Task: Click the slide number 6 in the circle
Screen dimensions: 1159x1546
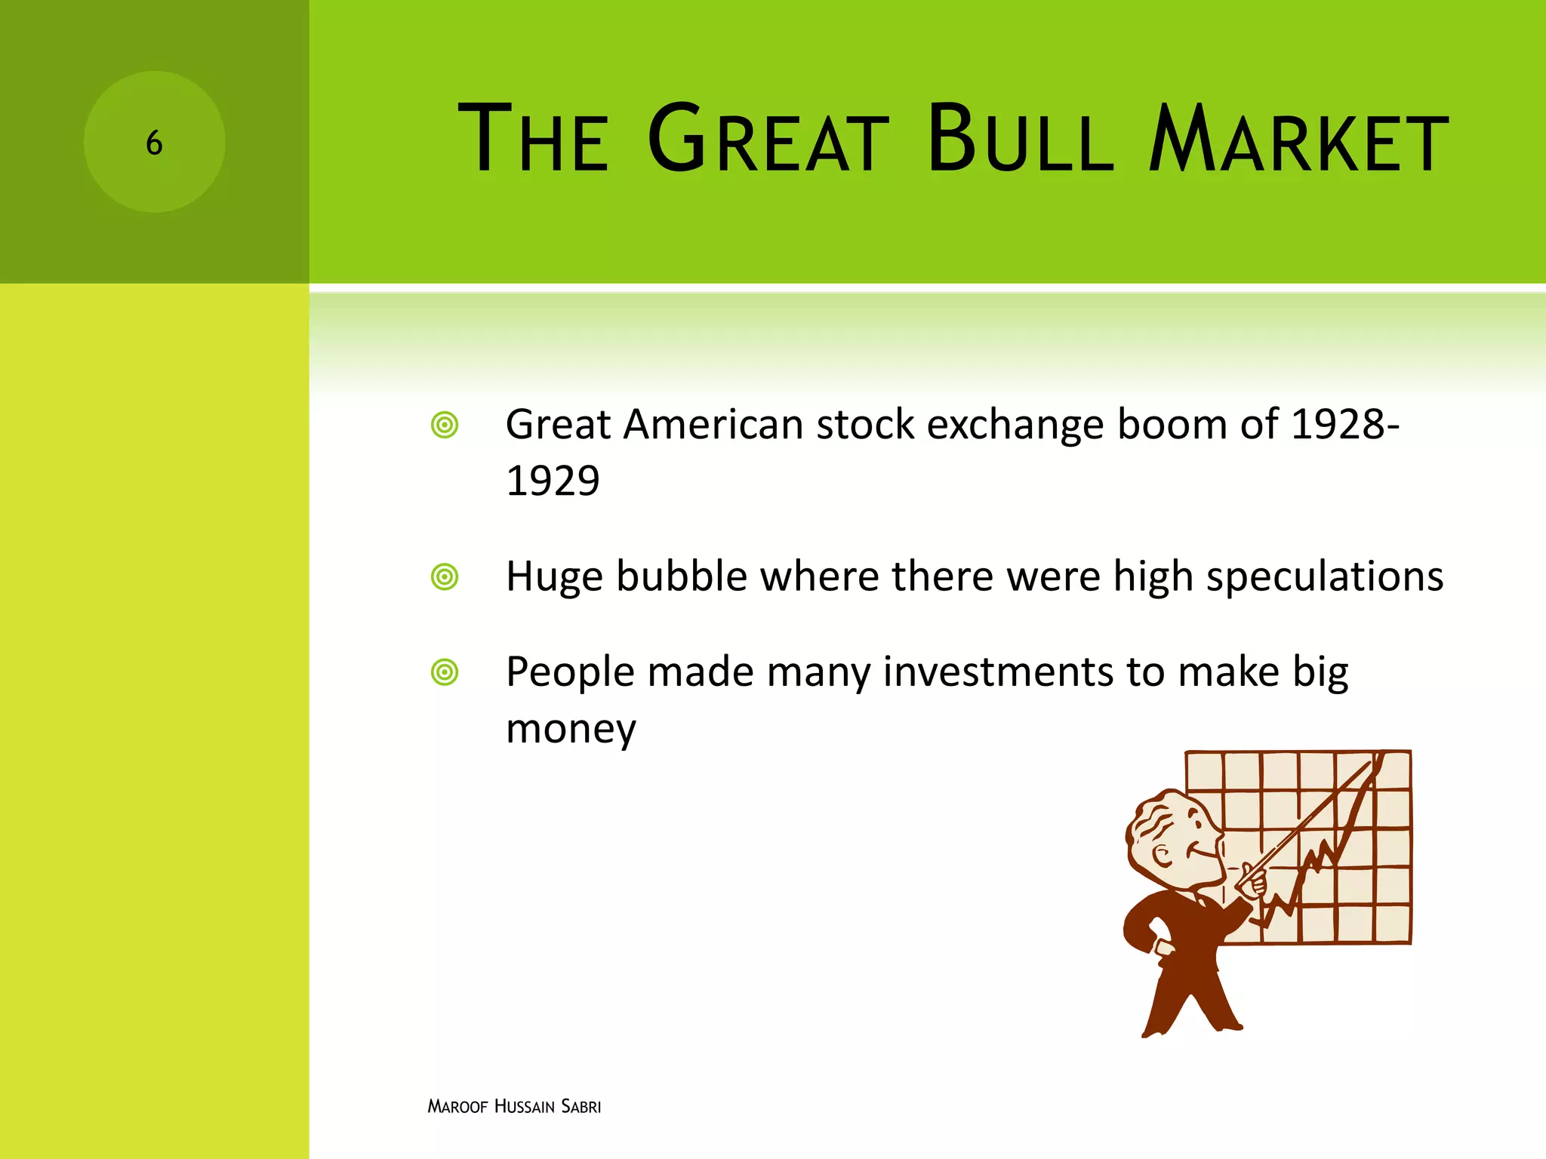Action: pyautogui.click(x=154, y=143)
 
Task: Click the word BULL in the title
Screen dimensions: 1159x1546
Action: pyautogui.click(x=1021, y=140)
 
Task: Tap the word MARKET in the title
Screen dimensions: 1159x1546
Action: pyautogui.click(x=1298, y=140)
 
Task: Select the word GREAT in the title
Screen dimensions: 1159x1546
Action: pyautogui.click(x=768, y=140)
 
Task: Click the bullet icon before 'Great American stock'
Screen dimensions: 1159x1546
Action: pyautogui.click(x=445, y=425)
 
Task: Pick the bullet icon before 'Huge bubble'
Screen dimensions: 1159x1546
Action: pyautogui.click(x=445, y=577)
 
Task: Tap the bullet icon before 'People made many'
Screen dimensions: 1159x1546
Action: pyautogui.click(x=445, y=672)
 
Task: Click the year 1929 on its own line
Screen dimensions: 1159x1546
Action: pyautogui.click(x=553, y=481)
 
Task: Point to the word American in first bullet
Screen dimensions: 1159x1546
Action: pyautogui.click(x=713, y=425)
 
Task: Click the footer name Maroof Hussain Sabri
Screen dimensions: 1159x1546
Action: pyautogui.click(x=514, y=1106)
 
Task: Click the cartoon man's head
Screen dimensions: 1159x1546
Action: pyautogui.click(x=1170, y=838)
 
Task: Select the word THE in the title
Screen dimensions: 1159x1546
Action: pyautogui.click(x=533, y=140)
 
